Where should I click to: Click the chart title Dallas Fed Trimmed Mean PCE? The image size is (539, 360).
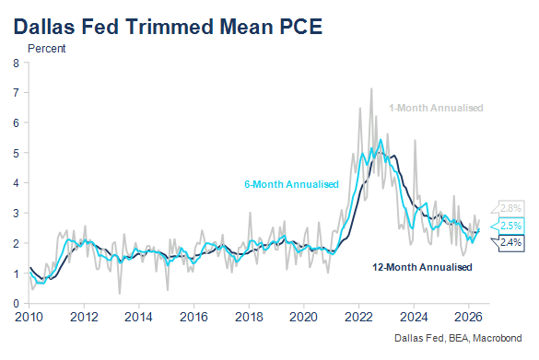(168, 27)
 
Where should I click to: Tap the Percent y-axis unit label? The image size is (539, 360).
(46, 49)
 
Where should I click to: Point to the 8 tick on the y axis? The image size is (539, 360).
(17, 64)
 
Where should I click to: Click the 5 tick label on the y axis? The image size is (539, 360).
(17, 153)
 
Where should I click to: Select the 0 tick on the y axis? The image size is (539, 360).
(17, 304)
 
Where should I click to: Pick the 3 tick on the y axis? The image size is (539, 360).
(17, 214)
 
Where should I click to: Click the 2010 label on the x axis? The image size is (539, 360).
(29, 317)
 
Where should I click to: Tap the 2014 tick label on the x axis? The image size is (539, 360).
(138, 317)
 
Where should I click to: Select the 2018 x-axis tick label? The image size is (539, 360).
(249, 317)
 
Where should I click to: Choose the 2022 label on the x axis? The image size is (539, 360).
(358, 317)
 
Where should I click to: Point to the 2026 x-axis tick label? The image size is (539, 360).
(468, 317)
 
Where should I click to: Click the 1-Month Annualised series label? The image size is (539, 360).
(436, 109)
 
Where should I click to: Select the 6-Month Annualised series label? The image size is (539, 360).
(291, 184)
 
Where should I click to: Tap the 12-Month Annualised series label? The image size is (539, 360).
(422, 267)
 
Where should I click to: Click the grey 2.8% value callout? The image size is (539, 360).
(508, 208)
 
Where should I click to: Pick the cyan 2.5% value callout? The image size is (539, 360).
(508, 226)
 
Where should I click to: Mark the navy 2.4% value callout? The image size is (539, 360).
(508, 243)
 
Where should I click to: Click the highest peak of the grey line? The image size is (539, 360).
(371, 88)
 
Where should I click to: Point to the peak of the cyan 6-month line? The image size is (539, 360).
(381, 139)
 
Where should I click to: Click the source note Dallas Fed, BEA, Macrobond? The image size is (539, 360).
(458, 338)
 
